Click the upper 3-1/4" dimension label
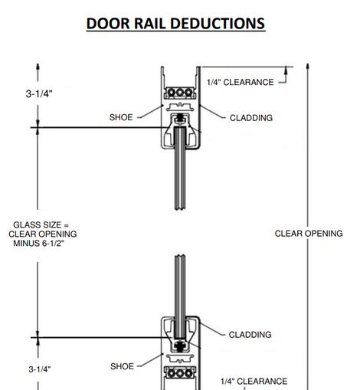tap(39, 93)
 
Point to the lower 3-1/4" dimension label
tap(40, 369)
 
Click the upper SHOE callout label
tap(121, 117)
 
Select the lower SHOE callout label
tap(122, 366)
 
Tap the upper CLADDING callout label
tap(251, 118)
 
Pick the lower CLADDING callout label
tap(250, 335)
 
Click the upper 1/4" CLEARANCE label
tap(241, 82)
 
